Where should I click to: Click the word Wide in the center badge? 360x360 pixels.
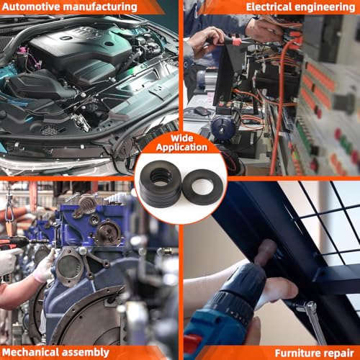182,138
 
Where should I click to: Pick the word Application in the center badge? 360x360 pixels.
181,148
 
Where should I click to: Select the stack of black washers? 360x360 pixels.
161,184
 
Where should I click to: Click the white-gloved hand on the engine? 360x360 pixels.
45,266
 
